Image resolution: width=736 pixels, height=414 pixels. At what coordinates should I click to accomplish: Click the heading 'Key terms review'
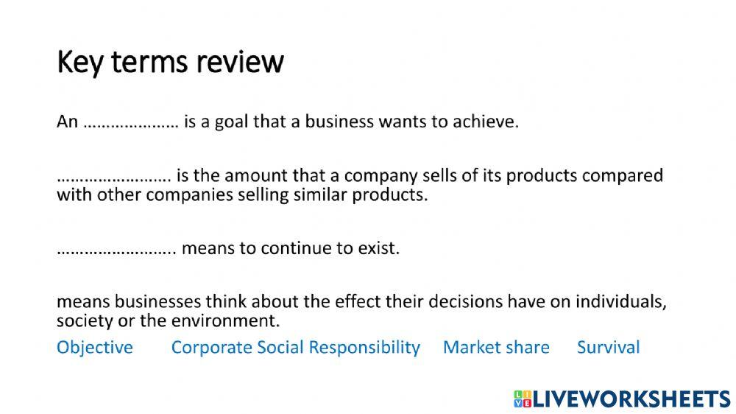point(170,63)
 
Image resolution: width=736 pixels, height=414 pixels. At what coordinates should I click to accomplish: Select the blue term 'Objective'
point(95,347)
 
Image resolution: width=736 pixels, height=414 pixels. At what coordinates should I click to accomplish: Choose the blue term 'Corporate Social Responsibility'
point(295,347)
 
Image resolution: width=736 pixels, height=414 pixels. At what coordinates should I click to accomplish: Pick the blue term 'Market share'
point(496,347)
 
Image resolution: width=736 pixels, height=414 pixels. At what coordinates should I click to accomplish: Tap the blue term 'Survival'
point(608,347)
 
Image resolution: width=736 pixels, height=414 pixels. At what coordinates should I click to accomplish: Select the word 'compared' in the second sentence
point(625,177)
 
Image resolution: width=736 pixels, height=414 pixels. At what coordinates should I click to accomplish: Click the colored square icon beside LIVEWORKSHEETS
point(523,399)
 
